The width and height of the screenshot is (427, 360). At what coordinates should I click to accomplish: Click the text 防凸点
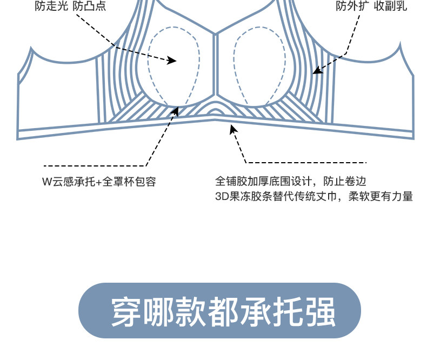pos(90,7)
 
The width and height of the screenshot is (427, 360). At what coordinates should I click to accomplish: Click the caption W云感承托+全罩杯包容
pos(99,182)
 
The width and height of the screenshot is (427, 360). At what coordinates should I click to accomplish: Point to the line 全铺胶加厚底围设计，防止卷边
pos(294,181)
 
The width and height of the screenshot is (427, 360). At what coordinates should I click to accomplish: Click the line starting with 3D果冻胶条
pos(314,196)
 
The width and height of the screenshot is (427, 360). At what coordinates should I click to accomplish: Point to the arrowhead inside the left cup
pos(172,61)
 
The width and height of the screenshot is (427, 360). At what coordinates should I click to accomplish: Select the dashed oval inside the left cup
pos(174,65)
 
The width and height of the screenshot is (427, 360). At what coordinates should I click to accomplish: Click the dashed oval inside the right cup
pos(260,65)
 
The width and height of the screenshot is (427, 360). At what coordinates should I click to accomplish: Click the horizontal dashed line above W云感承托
pos(95,165)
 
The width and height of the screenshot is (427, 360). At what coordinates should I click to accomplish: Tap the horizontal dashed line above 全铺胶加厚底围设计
pos(306,162)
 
